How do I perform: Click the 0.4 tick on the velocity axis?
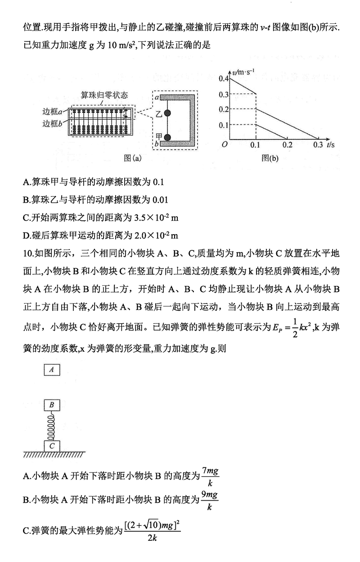click(224, 78)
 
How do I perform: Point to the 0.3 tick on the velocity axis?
click(224, 94)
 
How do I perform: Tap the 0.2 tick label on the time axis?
click(287, 145)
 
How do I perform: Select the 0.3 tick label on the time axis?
click(318, 145)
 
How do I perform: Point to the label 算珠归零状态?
click(104, 95)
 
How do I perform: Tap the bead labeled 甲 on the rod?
click(168, 137)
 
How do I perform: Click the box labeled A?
click(52, 369)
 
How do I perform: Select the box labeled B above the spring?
click(52, 405)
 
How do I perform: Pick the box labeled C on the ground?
click(52, 445)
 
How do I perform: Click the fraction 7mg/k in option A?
click(210, 476)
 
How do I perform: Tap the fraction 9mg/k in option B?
click(210, 500)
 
